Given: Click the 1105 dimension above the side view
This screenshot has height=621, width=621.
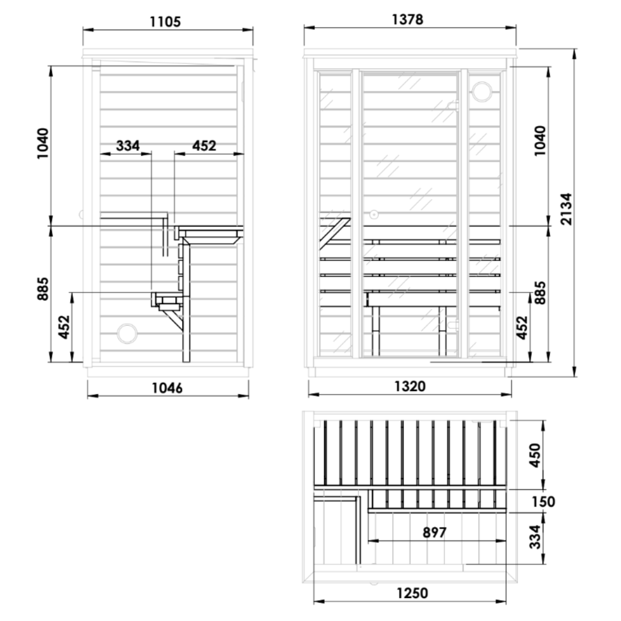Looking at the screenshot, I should tap(166, 22).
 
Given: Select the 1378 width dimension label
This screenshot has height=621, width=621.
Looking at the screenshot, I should tap(408, 20).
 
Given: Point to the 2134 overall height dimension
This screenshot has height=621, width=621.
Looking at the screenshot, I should tap(566, 209).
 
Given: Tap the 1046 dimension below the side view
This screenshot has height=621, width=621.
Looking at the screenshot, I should tap(167, 388).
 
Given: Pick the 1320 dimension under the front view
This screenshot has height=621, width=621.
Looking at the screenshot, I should tap(410, 386).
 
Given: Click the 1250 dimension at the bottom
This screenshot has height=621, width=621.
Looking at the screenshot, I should tap(412, 593).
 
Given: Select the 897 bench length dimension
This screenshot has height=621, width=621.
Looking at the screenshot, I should tap(435, 532).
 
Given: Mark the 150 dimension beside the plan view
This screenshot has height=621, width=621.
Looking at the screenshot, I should tap(543, 501).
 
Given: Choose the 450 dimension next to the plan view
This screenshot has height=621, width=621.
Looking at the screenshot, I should tap(535, 455).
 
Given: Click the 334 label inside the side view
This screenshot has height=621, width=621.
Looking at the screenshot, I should tap(128, 145).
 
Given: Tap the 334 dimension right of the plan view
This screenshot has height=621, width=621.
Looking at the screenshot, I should tap(535, 537).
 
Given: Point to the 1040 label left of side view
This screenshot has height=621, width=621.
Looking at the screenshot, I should tap(44, 144).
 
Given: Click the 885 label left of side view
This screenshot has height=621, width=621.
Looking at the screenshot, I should tap(44, 289).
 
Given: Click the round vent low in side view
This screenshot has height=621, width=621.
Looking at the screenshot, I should tap(126, 333).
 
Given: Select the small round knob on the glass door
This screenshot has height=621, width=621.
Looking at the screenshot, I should tap(374, 214).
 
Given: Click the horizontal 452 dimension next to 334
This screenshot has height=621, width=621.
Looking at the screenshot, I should tap(204, 145).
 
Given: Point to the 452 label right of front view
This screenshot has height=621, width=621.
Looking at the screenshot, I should tap(522, 328).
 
